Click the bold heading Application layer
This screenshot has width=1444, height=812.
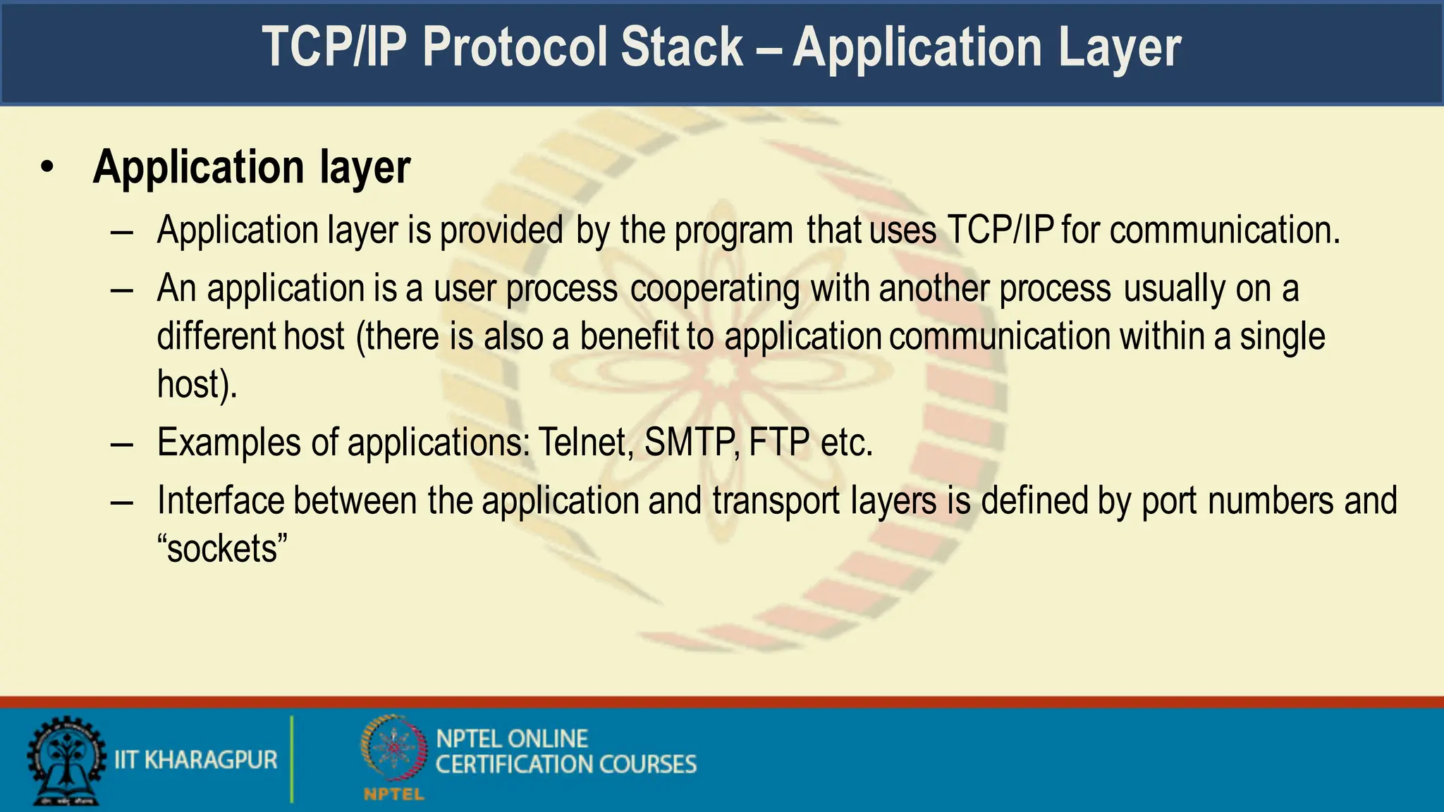pyautogui.click(x=251, y=168)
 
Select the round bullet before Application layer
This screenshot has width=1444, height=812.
pyautogui.click(x=47, y=168)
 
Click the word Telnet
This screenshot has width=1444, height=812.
pyautogui.click(x=585, y=443)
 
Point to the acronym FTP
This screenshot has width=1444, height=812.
pyautogui.click(x=779, y=443)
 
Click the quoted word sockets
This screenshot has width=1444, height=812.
pyautogui.click(x=223, y=549)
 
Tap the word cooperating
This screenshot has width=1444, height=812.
pyautogui.click(x=715, y=289)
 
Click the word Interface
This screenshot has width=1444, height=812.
pyautogui.click(x=220, y=500)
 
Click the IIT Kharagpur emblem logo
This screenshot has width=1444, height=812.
pyautogui.click(x=65, y=761)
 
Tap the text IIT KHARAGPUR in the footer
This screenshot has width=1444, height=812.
pyautogui.click(x=196, y=760)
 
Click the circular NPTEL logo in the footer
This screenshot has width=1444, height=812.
pyautogui.click(x=394, y=749)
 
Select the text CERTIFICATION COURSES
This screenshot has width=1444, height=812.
pyautogui.click(x=565, y=765)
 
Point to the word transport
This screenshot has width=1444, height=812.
pyautogui.click(x=776, y=501)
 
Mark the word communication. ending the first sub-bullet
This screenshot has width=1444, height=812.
pyautogui.click(x=1224, y=230)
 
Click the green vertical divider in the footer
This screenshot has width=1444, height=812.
pyautogui.click(x=291, y=759)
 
